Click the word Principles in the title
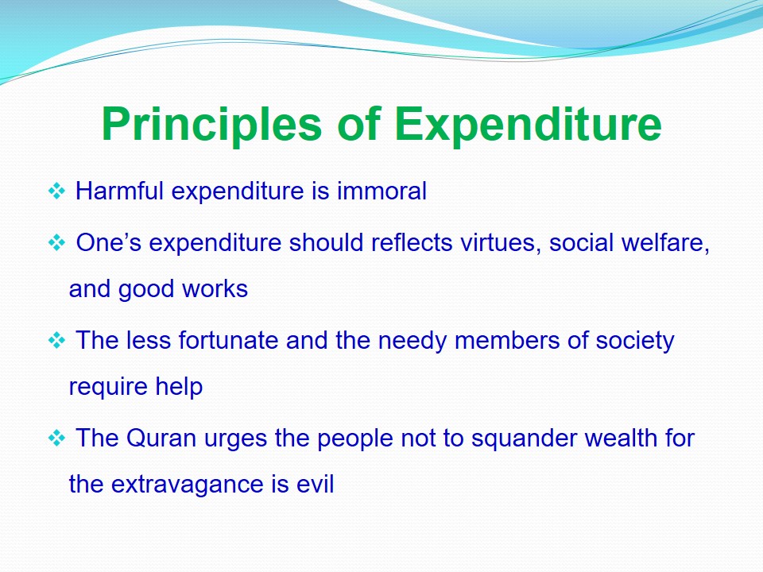click(211, 125)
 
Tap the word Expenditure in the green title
click(528, 124)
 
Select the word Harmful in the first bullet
click(119, 190)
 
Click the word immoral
click(382, 190)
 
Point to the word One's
click(109, 242)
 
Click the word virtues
click(502, 243)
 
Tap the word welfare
click(666, 243)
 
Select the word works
click(215, 288)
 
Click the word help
click(179, 387)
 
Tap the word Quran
click(161, 438)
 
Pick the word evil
click(316, 484)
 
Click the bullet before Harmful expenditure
click(56, 191)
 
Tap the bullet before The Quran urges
click(56, 439)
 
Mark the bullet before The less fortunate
click(56, 340)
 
